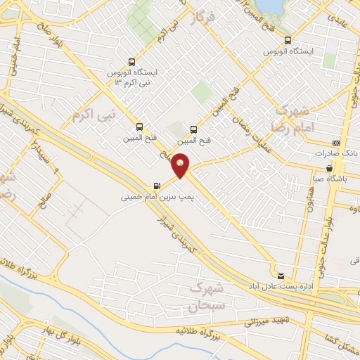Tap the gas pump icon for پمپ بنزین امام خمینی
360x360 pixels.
pos(155,186)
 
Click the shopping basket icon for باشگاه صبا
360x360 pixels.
pos(330,168)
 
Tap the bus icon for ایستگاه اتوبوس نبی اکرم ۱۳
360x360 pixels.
pos(129,61)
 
